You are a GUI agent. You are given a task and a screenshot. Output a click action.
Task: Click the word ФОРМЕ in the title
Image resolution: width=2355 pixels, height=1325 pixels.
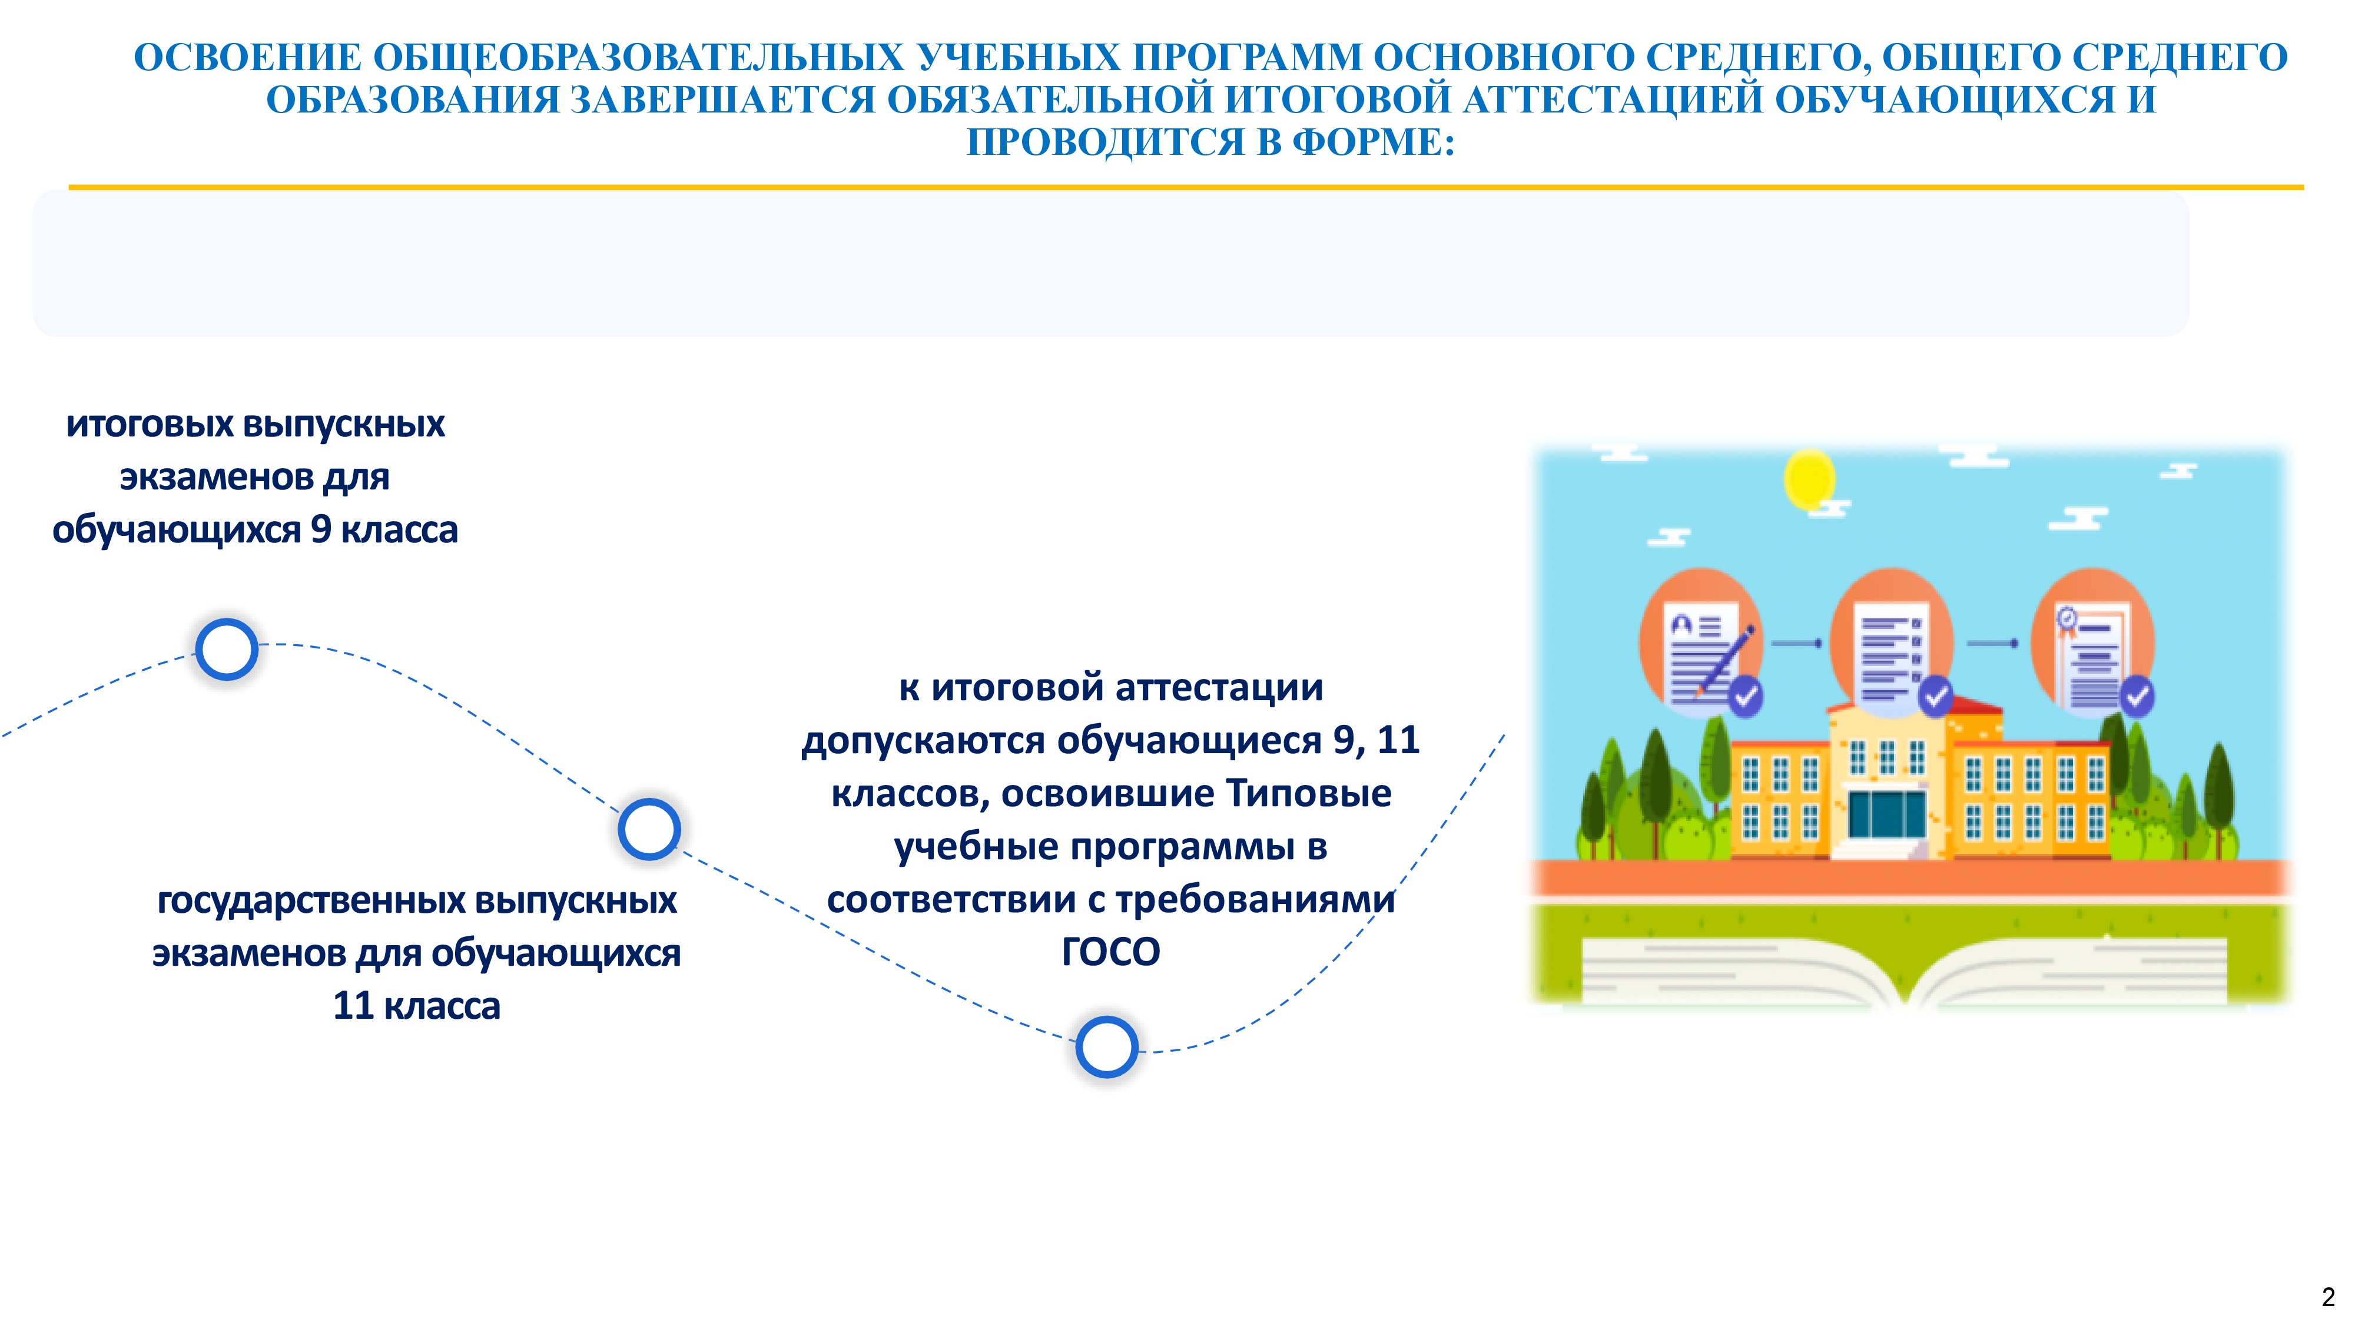click(x=1372, y=142)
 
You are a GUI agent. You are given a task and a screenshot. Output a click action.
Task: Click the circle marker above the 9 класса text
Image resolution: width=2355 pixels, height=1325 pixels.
click(x=227, y=649)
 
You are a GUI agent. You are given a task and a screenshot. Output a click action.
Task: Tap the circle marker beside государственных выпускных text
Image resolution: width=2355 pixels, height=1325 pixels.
click(x=649, y=829)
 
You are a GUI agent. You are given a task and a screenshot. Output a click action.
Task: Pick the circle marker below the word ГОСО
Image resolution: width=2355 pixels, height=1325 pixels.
click(x=1106, y=1047)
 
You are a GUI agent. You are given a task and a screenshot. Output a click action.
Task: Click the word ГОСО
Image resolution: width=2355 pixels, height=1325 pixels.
click(x=1111, y=952)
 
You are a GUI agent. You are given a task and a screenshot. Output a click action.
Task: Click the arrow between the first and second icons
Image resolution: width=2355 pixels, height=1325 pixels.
click(x=1797, y=644)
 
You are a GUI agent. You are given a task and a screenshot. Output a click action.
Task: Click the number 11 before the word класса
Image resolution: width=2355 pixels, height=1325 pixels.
click(x=353, y=1006)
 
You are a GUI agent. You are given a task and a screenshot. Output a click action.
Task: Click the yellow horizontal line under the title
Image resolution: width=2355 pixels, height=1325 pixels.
click(x=1186, y=187)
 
